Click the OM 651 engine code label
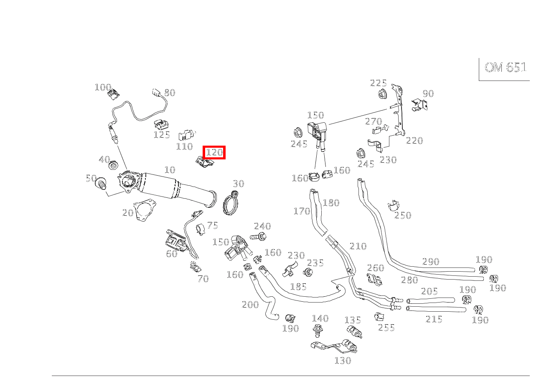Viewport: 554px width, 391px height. (x=505, y=68)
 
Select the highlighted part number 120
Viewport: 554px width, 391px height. (x=214, y=152)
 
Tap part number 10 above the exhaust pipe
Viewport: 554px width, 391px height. (x=170, y=170)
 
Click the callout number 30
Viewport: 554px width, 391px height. (x=238, y=184)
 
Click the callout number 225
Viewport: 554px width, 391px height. (x=378, y=83)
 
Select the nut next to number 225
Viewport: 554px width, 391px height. (x=381, y=94)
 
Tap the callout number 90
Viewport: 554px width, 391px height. (x=428, y=93)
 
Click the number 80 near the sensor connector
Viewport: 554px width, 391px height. (x=169, y=93)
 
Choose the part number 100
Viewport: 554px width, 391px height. (x=103, y=87)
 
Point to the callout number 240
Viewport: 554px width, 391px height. (x=262, y=226)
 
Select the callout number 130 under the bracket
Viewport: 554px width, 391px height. (x=343, y=361)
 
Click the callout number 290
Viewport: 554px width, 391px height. (x=431, y=262)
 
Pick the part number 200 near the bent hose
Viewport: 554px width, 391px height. (x=250, y=305)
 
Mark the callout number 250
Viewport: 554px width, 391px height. (x=403, y=215)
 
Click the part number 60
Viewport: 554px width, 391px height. (x=171, y=254)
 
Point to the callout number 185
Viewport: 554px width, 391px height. (x=298, y=287)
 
